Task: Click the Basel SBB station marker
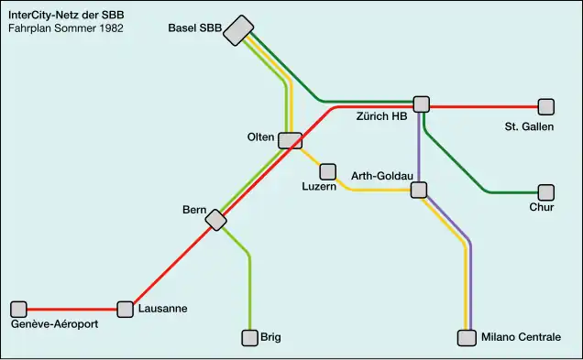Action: click(238, 30)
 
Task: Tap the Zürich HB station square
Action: click(422, 104)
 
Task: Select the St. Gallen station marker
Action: click(546, 106)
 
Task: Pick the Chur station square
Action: click(546, 192)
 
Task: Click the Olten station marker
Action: click(291, 140)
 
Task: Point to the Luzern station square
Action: click(327, 171)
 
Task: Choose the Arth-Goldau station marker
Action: click(419, 190)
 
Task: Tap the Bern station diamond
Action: click(216, 220)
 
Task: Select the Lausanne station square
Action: click(126, 309)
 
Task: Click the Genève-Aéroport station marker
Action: click(19, 309)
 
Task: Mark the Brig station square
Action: click(249, 338)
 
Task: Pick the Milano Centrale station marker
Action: click(467, 338)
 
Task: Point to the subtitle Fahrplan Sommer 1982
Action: click(65, 28)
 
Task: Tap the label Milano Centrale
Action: click(521, 338)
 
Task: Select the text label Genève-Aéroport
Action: click(54, 324)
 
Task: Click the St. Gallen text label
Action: click(529, 126)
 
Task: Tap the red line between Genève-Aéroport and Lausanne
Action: click(72, 309)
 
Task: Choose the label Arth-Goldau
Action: click(383, 175)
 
